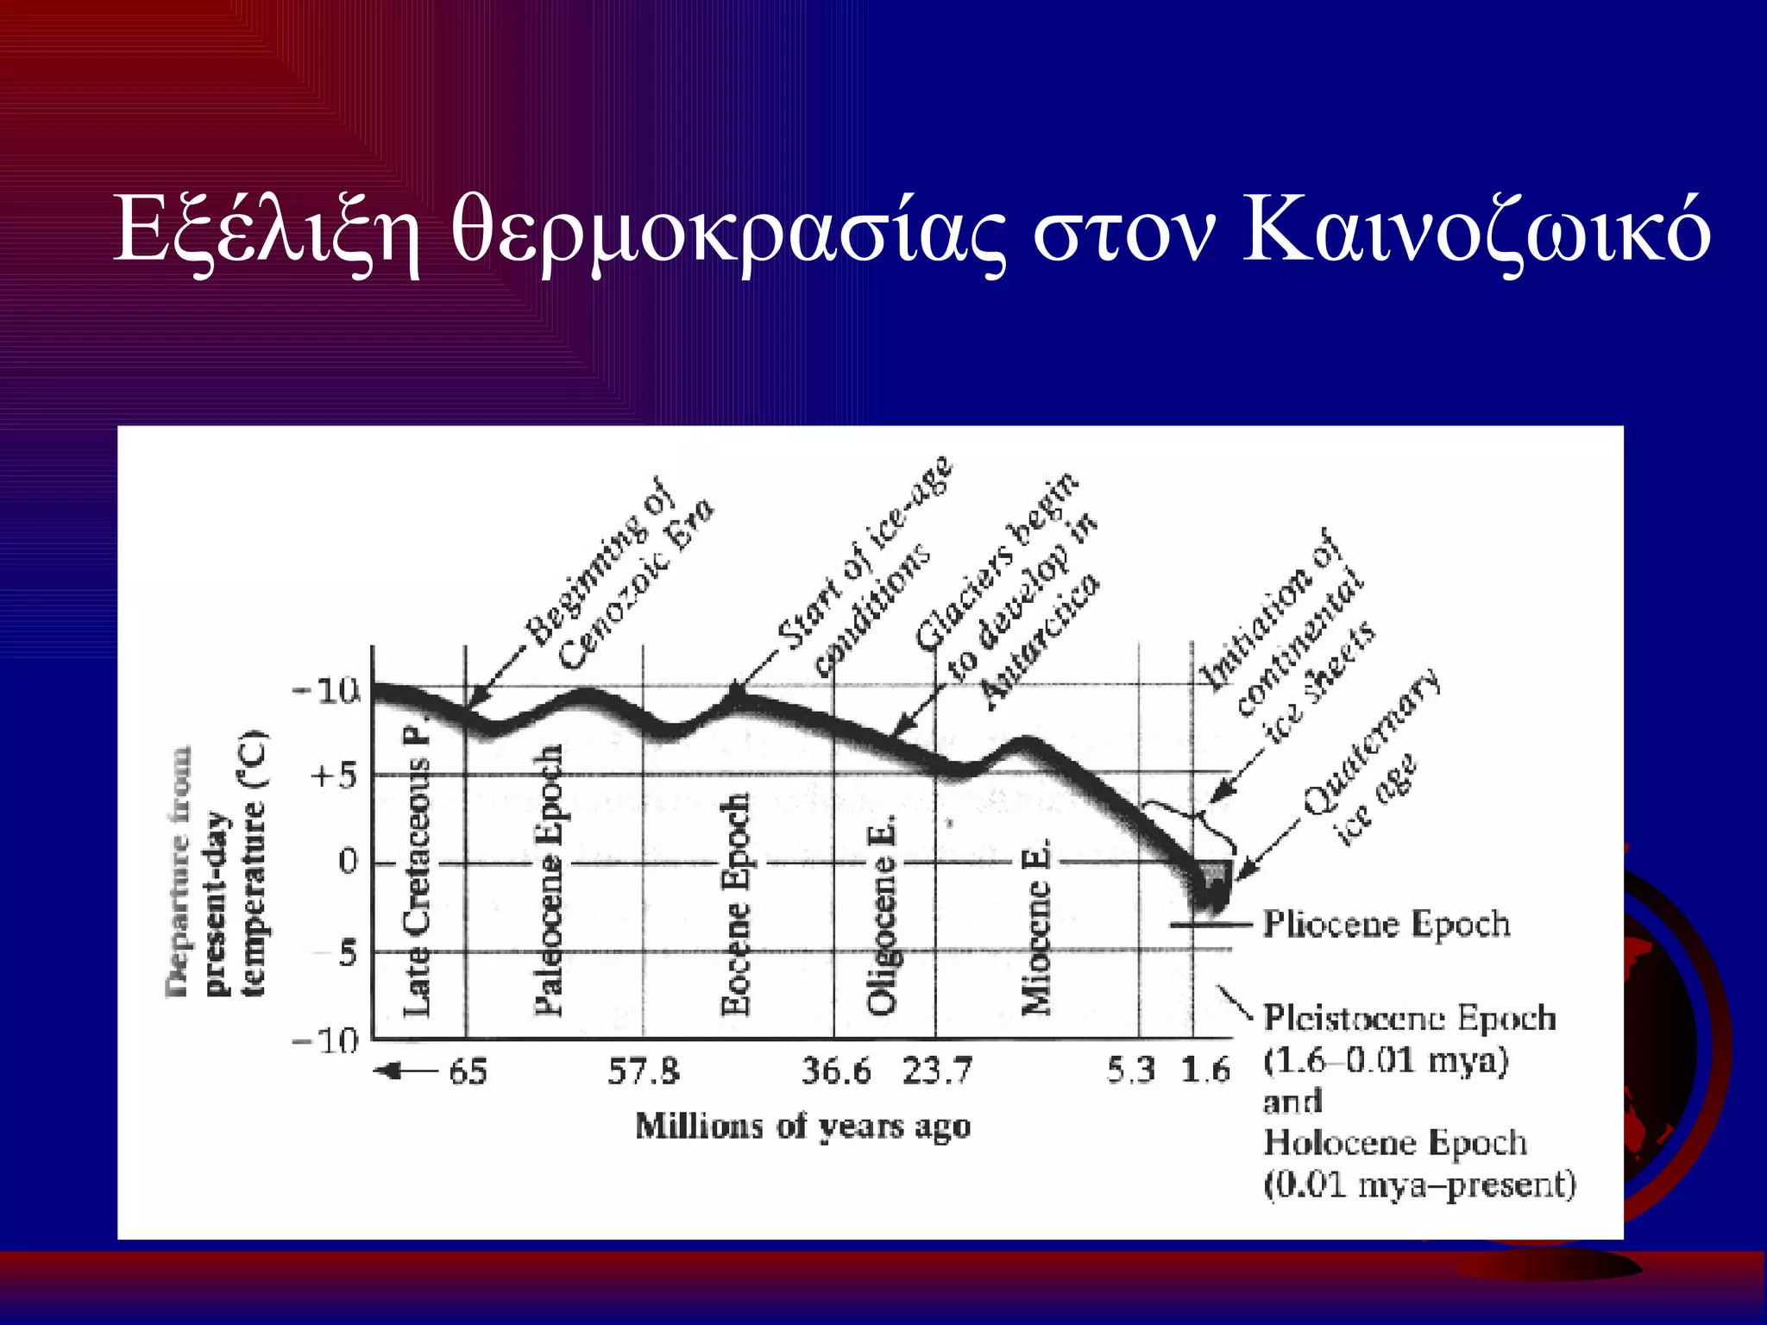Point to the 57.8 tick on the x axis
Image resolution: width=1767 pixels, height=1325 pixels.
coord(644,1072)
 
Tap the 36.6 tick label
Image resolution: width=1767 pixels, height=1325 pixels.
coord(836,1072)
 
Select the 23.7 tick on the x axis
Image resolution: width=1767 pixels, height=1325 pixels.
coord(937,1072)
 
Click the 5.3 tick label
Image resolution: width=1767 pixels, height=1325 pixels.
coord(1131,1071)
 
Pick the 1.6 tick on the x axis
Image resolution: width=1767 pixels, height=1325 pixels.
coord(1205,1071)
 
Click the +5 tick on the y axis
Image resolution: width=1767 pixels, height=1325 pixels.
coord(333,777)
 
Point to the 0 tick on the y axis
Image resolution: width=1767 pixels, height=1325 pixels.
coord(348,862)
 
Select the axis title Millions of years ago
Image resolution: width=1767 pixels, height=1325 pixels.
coord(803,1127)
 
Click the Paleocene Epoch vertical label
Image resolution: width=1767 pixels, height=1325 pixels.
coord(549,880)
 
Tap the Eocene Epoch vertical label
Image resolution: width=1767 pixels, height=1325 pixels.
coord(735,904)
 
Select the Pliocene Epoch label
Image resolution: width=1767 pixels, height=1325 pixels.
coord(1387,925)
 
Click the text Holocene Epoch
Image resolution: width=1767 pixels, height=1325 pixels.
coord(1395,1143)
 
